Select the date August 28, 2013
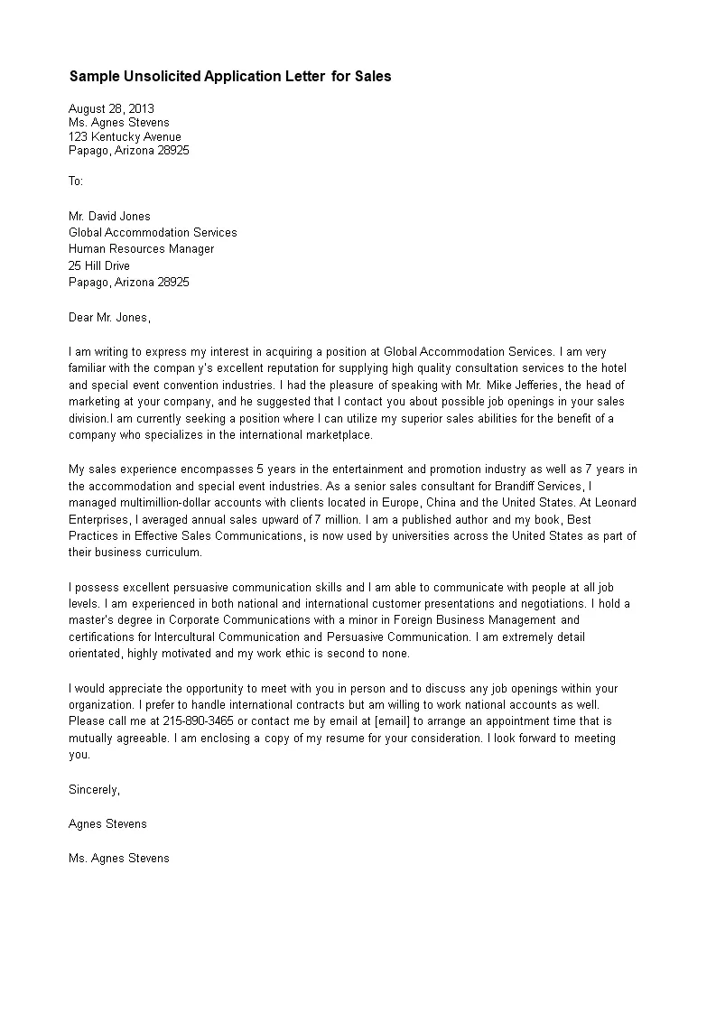click(x=111, y=108)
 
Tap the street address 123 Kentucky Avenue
click(x=125, y=137)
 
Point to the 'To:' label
click(x=76, y=181)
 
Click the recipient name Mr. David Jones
click(x=109, y=216)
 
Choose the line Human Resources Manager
click(x=141, y=249)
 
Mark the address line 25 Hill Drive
click(x=98, y=265)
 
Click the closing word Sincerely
click(x=94, y=789)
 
